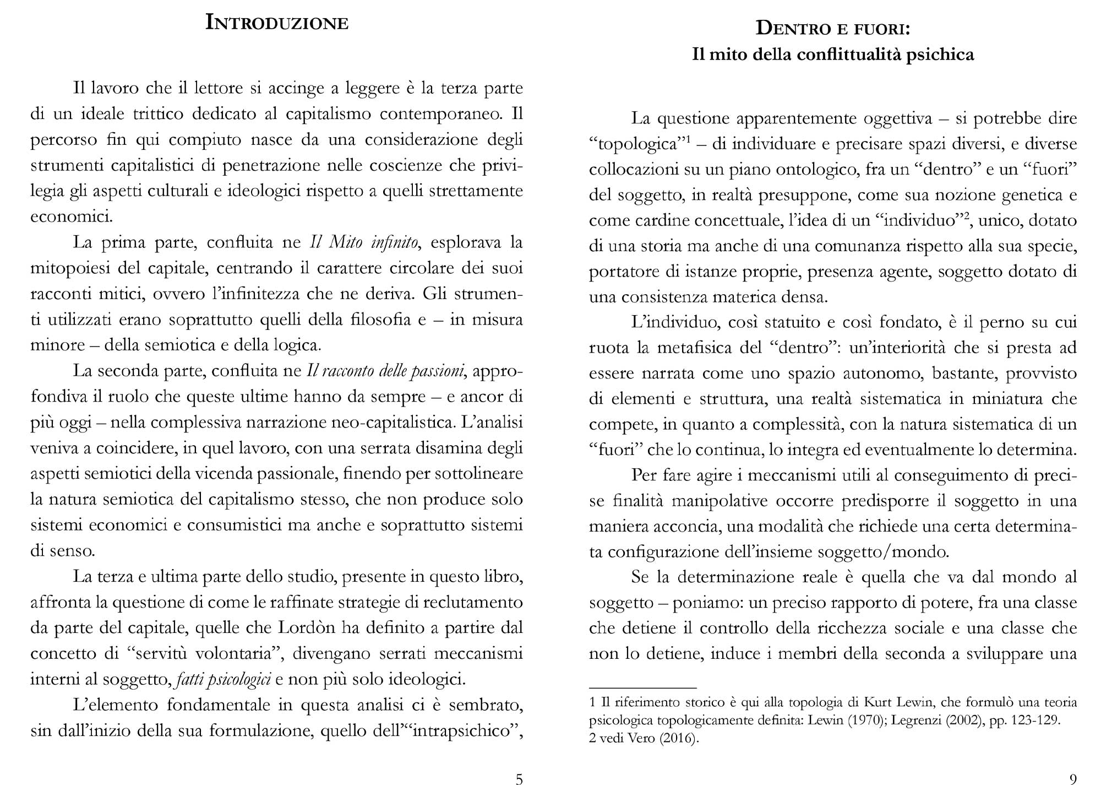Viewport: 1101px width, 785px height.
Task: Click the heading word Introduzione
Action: tap(276, 23)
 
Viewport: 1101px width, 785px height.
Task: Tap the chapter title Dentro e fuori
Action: tap(833, 28)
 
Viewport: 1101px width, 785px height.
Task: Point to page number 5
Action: tap(519, 778)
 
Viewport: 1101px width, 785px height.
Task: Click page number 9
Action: tap(1072, 778)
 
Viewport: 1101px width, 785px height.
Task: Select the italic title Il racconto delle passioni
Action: tap(385, 371)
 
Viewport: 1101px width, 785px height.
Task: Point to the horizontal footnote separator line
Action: tap(642, 688)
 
